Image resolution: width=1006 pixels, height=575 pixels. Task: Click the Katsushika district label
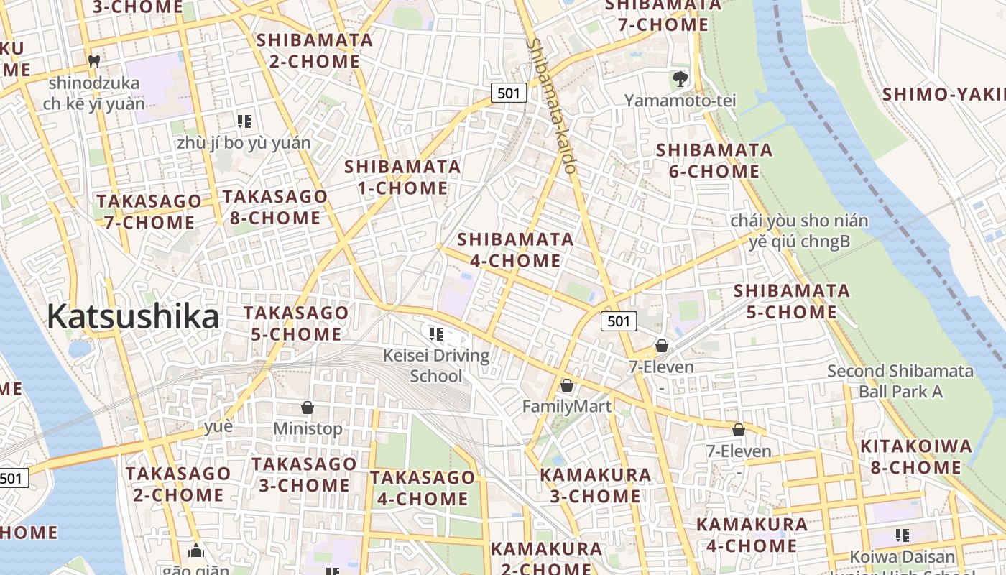coord(133,316)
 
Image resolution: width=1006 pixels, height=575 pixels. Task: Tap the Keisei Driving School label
coord(436,365)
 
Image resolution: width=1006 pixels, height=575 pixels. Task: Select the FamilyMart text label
coord(566,407)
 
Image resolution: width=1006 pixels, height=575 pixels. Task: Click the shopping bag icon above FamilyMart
coord(566,386)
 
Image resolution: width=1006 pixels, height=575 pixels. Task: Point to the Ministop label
coord(308,429)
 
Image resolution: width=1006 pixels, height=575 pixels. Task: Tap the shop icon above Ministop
coord(308,408)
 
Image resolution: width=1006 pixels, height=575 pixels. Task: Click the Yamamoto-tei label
coord(680,101)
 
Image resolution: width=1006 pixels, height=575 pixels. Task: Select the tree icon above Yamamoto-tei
coord(680,78)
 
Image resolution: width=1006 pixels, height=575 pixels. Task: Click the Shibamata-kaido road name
coord(552,106)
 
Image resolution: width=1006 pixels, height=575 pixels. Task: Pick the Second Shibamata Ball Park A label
coord(900,382)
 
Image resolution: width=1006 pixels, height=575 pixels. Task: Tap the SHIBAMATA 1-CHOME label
coord(402,178)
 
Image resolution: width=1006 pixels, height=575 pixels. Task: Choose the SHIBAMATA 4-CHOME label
coord(515,249)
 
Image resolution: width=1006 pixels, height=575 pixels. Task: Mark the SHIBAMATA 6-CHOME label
coord(714,161)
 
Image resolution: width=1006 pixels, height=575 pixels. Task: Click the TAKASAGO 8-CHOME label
coord(274,207)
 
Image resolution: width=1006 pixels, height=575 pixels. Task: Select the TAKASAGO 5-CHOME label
coord(295,323)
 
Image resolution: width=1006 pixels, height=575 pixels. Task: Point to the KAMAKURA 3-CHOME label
coord(595,485)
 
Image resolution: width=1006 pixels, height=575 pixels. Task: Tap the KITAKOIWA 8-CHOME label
coord(915,457)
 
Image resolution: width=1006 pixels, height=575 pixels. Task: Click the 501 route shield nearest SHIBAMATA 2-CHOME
coord(509,93)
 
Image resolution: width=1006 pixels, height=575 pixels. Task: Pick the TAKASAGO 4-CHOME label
coord(422,488)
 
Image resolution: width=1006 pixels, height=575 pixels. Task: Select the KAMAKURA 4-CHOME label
coord(752,535)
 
